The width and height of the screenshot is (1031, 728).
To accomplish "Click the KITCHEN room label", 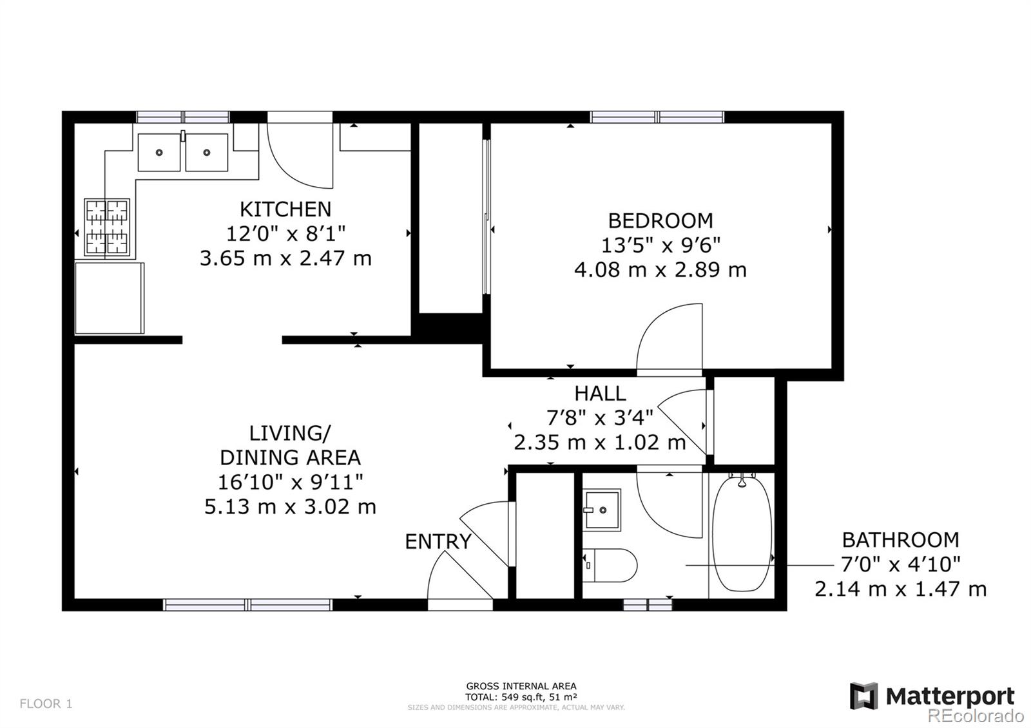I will (285, 209).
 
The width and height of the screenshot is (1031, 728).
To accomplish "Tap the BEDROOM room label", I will (660, 221).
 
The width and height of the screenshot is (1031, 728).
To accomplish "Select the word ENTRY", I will (438, 542).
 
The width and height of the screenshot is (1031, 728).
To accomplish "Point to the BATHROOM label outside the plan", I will (900, 540).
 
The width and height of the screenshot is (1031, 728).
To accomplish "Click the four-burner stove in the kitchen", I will (107, 227).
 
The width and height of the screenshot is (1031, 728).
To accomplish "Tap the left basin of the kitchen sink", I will (159, 153).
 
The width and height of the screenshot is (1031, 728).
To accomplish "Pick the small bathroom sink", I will (602, 510).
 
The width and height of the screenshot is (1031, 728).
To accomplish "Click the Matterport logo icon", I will (863, 696).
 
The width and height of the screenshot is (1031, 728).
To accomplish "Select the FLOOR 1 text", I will (46, 704).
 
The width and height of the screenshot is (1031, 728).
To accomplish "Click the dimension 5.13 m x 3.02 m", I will (290, 507).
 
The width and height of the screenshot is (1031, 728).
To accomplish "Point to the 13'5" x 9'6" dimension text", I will (660, 245).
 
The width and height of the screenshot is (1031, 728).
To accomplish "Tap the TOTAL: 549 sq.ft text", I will (521, 696).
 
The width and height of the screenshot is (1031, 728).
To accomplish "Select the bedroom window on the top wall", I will (657, 117).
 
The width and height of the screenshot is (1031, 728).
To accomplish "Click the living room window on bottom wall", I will (247, 604).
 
